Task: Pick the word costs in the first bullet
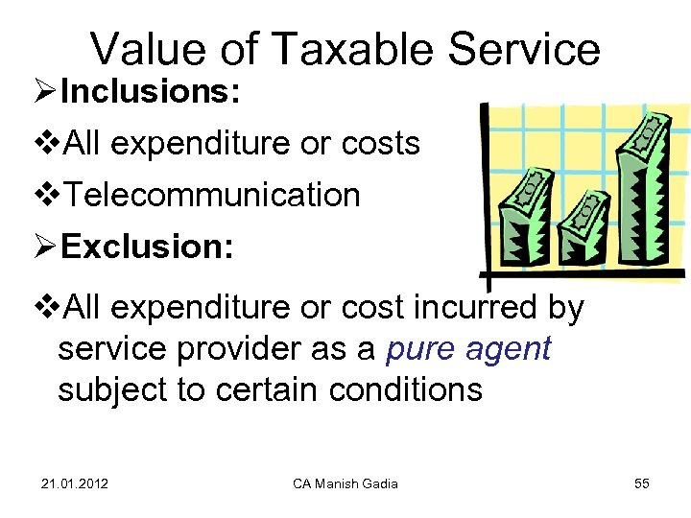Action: (x=381, y=144)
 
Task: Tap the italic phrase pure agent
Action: (x=467, y=349)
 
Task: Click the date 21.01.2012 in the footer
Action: (x=75, y=483)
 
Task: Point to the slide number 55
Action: (x=642, y=483)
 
